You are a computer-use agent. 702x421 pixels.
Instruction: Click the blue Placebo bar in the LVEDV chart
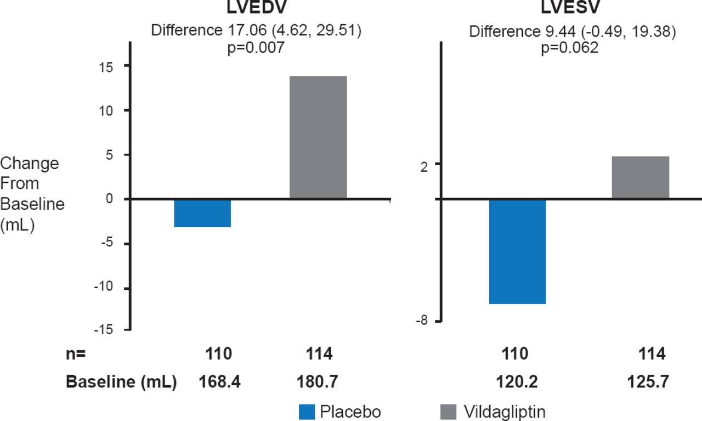coord(202,213)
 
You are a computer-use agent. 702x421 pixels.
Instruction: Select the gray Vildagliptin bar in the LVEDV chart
coord(318,137)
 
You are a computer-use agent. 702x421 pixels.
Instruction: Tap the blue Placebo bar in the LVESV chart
coord(517,251)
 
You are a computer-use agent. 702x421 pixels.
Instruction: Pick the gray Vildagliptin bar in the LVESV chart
coord(641,177)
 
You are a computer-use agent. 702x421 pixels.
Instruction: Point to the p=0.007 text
coord(256,47)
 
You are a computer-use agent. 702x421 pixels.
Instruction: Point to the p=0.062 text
coord(570,47)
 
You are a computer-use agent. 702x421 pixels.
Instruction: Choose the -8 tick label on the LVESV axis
coord(422,321)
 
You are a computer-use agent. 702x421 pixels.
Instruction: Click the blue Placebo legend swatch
coord(307,412)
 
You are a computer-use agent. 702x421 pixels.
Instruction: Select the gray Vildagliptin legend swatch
coord(448,412)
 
